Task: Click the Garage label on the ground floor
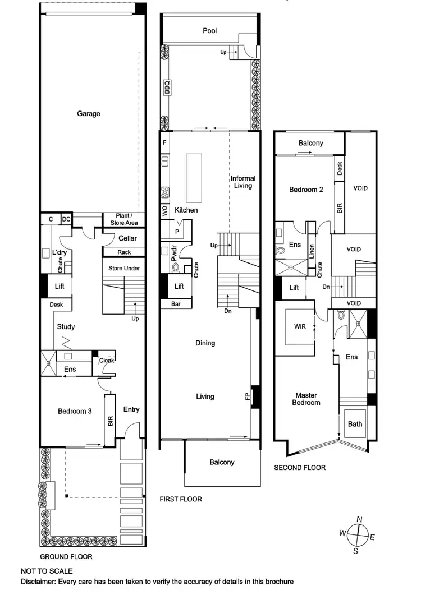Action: click(89, 114)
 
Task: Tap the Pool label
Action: click(209, 31)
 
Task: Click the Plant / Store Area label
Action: click(123, 219)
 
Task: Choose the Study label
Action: click(66, 327)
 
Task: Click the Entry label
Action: click(131, 410)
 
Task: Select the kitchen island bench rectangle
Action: click(194, 177)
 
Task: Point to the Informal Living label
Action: click(243, 182)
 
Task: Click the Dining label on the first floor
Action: click(205, 343)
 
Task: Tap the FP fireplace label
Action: click(248, 396)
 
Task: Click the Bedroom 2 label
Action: click(306, 190)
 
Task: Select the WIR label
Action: click(300, 326)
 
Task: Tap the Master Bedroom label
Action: click(306, 399)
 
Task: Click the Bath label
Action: click(355, 424)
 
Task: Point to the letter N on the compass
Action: click(359, 519)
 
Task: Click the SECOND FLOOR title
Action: click(299, 467)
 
